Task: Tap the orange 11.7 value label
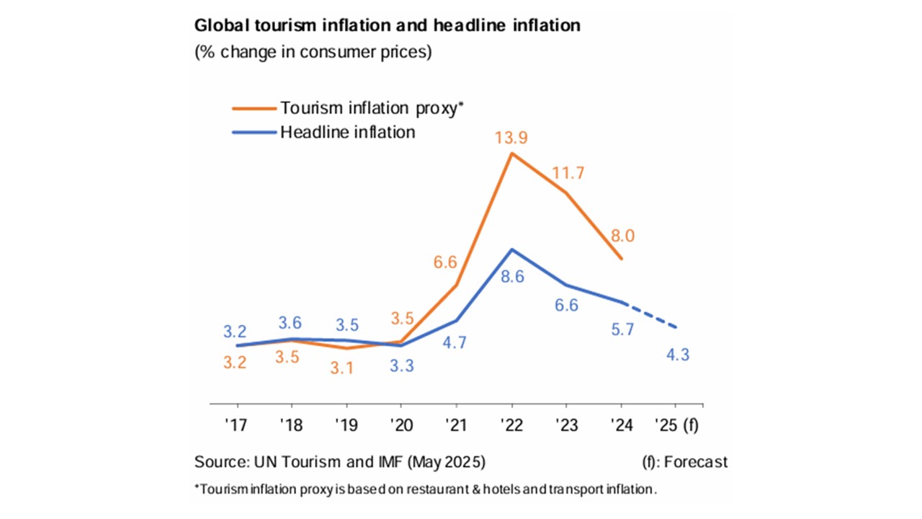pyautogui.click(x=568, y=173)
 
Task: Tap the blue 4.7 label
pyautogui.click(x=455, y=342)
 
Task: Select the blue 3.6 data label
pyautogui.click(x=291, y=324)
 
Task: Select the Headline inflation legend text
pyautogui.click(x=348, y=132)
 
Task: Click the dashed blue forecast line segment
pyautogui.click(x=649, y=314)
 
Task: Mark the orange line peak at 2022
pyautogui.click(x=511, y=153)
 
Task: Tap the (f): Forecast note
pyautogui.click(x=684, y=461)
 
